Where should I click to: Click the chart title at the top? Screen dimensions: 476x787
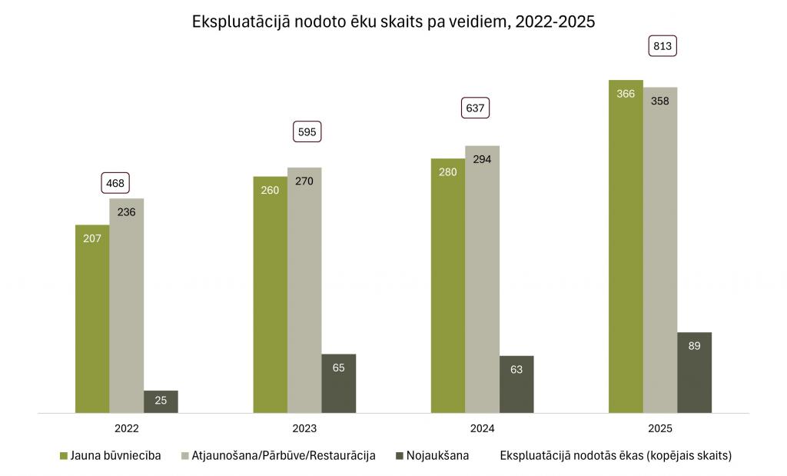(x=393, y=22)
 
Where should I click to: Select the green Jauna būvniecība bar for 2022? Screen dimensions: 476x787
(x=92, y=318)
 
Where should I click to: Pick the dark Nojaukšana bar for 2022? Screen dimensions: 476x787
(x=161, y=401)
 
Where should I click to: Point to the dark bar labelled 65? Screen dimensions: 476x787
(x=339, y=383)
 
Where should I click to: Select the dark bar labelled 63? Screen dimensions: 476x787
(x=516, y=384)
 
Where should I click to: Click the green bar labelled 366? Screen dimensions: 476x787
(x=626, y=246)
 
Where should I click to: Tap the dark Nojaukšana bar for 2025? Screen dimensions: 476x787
(x=694, y=372)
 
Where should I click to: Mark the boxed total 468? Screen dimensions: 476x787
(x=116, y=183)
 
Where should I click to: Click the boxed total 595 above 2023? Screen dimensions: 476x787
(x=307, y=131)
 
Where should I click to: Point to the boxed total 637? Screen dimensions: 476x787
(x=476, y=108)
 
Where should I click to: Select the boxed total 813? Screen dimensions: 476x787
(x=662, y=46)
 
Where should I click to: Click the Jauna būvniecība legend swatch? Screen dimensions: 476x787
(x=64, y=456)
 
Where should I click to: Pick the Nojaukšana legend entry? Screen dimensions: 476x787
(x=439, y=455)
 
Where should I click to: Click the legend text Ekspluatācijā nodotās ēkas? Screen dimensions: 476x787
(x=615, y=455)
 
